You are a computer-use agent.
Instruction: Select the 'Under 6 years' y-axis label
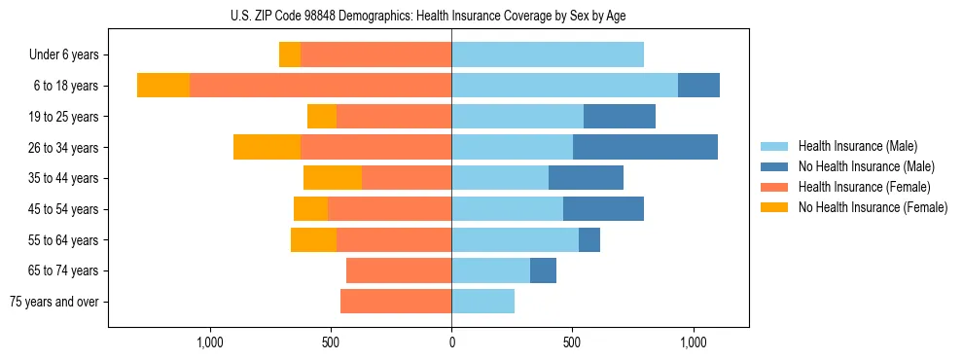pos(63,55)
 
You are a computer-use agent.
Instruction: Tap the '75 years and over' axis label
pos(53,302)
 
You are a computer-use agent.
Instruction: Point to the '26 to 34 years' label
pos(63,148)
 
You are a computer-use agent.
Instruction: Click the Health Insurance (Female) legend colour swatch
pos(774,187)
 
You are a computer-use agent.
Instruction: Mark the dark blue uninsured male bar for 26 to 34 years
pos(645,147)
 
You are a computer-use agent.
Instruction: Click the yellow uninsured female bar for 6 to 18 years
pos(163,86)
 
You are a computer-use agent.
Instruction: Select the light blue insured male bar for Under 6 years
pos(548,54)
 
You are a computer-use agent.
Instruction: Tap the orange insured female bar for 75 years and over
pos(396,302)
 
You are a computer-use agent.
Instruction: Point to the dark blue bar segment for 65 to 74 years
pos(543,270)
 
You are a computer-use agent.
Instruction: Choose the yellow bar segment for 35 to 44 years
pos(333,178)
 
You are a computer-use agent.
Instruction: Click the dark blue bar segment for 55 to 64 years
pos(589,239)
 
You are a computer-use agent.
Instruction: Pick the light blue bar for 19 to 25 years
pos(517,117)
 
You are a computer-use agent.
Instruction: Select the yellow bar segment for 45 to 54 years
pos(310,209)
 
